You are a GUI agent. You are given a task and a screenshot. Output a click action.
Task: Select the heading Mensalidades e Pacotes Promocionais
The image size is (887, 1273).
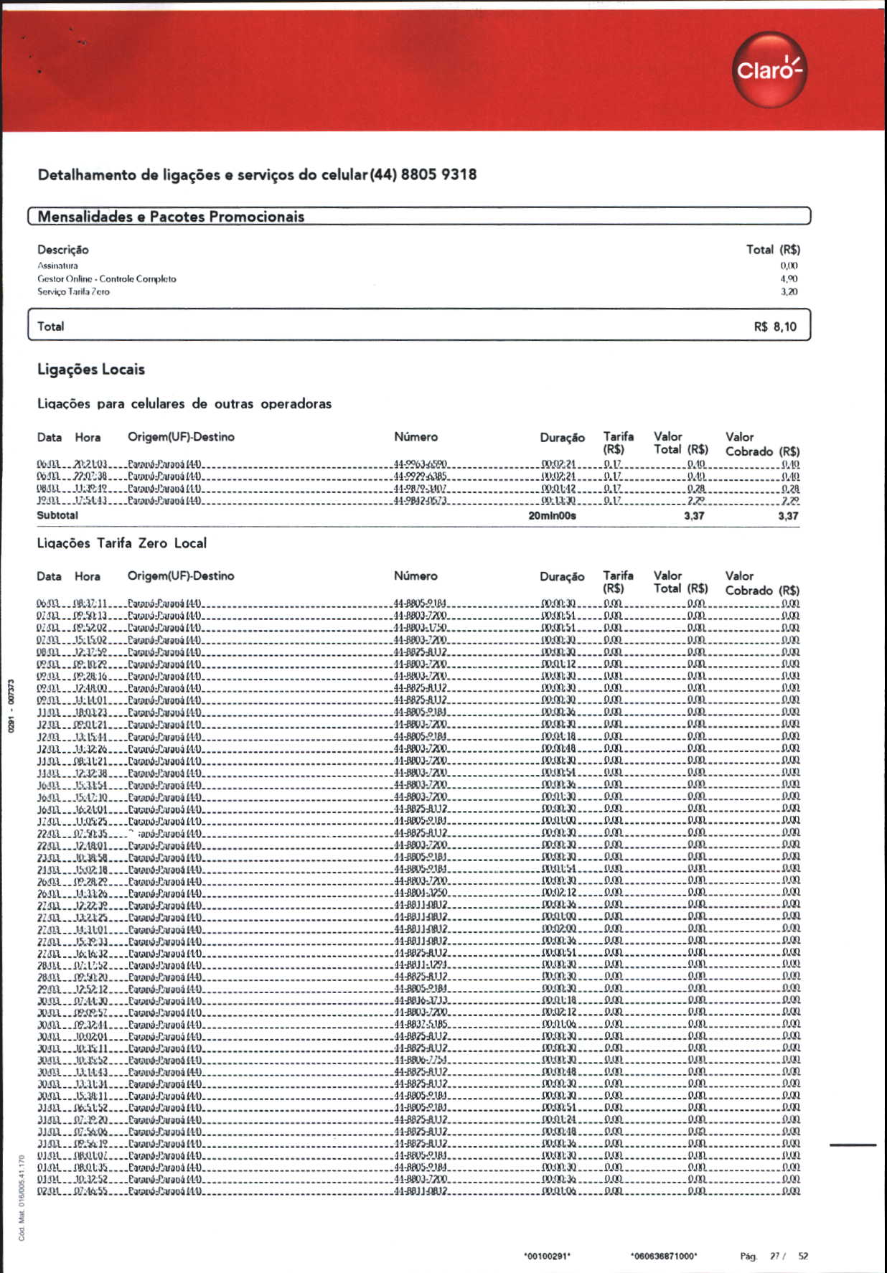pyautogui.click(x=171, y=217)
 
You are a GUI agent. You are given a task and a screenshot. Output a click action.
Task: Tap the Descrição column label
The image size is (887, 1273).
pyautogui.click(x=63, y=250)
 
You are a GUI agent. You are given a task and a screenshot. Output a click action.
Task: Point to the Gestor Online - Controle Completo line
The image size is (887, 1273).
pyautogui.click(x=106, y=278)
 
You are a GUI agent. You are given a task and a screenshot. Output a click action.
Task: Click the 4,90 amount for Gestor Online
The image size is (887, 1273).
pyautogui.click(x=789, y=278)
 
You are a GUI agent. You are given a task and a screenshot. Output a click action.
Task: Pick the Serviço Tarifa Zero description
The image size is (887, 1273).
pyautogui.click(x=73, y=292)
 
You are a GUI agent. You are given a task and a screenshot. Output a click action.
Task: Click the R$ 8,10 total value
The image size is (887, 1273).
pyautogui.click(x=775, y=327)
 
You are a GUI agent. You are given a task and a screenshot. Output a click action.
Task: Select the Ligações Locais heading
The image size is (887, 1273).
pyautogui.click(x=91, y=370)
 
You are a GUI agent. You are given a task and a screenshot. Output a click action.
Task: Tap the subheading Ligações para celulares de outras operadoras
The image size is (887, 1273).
pyautogui.click(x=184, y=404)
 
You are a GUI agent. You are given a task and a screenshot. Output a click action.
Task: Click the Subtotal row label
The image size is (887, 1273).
pyautogui.click(x=57, y=515)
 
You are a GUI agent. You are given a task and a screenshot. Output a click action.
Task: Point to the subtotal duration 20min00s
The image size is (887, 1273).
pyautogui.click(x=552, y=516)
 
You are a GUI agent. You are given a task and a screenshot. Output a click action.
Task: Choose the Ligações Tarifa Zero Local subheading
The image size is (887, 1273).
pyautogui.click(x=122, y=543)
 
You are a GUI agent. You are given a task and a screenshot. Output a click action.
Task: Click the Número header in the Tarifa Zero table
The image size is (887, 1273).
pyautogui.click(x=416, y=576)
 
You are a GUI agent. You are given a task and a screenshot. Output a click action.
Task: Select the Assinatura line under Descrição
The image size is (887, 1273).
pyautogui.click(x=57, y=266)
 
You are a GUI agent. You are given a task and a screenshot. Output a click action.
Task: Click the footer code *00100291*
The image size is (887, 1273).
pyautogui.click(x=548, y=1256)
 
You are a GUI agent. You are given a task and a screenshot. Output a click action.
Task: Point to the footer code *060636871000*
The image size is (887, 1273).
pyautogui.click(x=664, y=1256)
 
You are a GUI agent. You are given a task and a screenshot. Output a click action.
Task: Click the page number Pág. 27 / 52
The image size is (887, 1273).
pyautogui.click(x=774, y=1256)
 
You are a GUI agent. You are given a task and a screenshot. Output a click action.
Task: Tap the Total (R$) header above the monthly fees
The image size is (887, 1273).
pyautogui.click(x=773, y=250)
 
